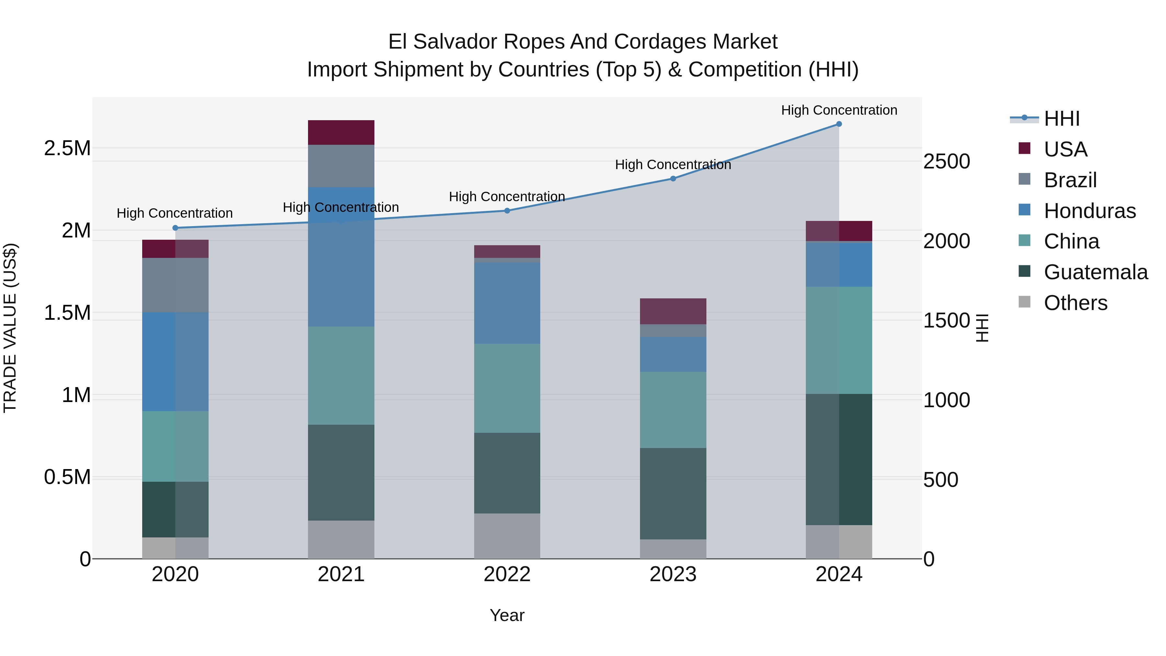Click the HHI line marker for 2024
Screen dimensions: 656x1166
[x=839, y=124]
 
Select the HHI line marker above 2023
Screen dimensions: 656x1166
[x=673, y=178]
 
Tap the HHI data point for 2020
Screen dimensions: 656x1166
[x=175, y=228]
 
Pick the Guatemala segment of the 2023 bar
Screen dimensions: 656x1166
[x=673, y=493]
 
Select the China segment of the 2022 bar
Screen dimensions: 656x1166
[x=507, y=388]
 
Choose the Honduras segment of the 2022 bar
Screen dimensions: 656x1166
[x=507, y=303]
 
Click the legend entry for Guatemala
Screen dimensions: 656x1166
[x=1095, y=272]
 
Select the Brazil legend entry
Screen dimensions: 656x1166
[x=1070, y=180]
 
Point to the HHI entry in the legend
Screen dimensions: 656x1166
[x=1061, y=119]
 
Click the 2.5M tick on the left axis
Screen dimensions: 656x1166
[x=67, y=148]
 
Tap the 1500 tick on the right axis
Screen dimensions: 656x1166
[x=946, y=320]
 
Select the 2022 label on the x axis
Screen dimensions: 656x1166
[x=507, y=574]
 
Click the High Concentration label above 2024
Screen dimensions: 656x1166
[x=839, y=110]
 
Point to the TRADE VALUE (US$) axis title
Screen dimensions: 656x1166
[x=10, y=328]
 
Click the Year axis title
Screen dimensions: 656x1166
[x=507, y=615]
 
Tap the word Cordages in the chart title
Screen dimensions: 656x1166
[x=665, y=42]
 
